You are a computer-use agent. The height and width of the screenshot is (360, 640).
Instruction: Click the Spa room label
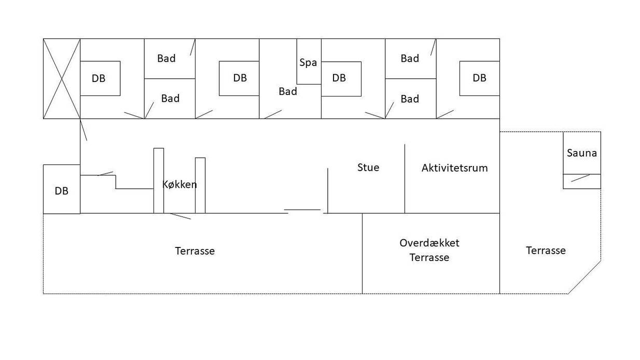tap(308, 63)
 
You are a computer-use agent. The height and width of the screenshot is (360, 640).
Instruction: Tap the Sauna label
tap(582, 153)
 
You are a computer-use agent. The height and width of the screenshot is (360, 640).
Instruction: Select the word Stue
tap(368, 168)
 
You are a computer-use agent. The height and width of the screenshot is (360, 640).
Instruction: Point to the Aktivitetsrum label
tap(454, 168)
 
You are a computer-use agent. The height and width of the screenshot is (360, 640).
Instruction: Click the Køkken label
tap(179, 184)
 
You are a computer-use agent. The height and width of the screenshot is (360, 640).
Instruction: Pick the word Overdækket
tap(429, 243)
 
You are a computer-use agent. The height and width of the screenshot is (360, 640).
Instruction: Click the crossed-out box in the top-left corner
tap(62, 78)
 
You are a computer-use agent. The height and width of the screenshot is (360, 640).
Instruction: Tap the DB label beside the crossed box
tap(99, 78)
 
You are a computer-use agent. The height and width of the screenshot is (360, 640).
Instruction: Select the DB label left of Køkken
tap(61, 191)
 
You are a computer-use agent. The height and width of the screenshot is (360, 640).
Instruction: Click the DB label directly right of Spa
tap(339, 78)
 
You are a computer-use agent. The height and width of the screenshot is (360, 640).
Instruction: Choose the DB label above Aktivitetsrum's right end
tap(479, 78)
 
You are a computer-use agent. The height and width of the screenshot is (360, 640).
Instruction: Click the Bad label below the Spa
tap(288, 91)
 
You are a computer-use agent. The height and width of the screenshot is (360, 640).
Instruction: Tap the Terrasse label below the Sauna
tap(546, 251)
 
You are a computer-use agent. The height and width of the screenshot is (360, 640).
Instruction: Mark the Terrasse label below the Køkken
tap(195, 251)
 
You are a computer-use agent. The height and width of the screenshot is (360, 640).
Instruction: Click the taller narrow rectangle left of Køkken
tap(159, 181)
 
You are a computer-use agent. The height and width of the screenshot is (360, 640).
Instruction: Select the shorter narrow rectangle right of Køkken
tap(200, 185)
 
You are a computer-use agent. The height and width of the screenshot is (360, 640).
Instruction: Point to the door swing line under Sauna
tap(580, 178)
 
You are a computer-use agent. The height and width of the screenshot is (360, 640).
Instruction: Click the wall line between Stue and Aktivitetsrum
tap(405, 178)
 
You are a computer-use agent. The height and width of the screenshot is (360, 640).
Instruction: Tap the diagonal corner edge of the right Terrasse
tap(585, 277)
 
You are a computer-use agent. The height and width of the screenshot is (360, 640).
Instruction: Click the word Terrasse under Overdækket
tap(429, 257)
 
